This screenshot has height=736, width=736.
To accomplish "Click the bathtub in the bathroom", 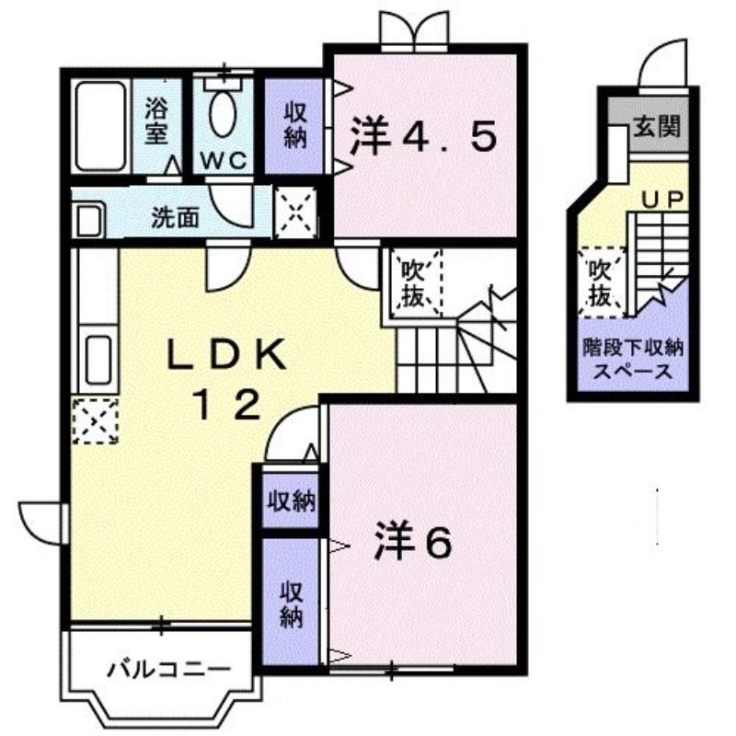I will pyautogui.click(x=100, y=127).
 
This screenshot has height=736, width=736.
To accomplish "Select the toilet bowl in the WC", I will pyautogui.click(x=224, y=112).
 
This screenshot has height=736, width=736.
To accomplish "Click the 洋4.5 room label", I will pyautogui.click(x=423, y=139).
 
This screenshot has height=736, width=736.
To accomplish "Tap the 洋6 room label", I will pyautogui.click(x=411, y=544).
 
